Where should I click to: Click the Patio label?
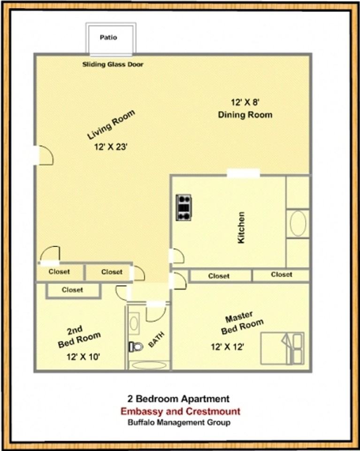click(x=108, y=37)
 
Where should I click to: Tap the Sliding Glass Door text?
click(x=113, y=64)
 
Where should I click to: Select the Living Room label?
click(x=111, y=124)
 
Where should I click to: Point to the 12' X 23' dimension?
click(x=111, y=147)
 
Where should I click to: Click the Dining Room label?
click(x=245, y=115)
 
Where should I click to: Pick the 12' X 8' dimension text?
click(x=243, y=102)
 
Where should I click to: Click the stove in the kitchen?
click(x=184, y=207)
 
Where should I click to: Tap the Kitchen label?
click(x=241, y=227)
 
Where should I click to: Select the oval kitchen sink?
click(x=298, y=224)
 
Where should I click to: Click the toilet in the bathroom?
click(x=136, y=347)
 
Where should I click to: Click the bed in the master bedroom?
click(x=282, y=348)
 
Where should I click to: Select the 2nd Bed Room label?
click(x=79, y=337)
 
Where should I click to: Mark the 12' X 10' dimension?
click(x=83, y=357)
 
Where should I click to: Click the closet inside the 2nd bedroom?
click(x=73, y=290)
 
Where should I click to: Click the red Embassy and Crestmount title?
click(x=180, y=412)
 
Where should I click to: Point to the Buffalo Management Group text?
click(x=179, y=422)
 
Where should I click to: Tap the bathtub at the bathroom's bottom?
click(x=149, y=365)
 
